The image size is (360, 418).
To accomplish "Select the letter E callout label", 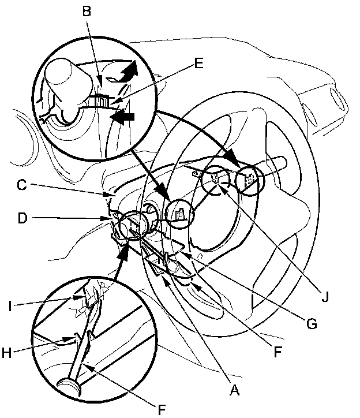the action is coord(198,64).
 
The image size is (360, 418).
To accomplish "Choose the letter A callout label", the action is coord(234,390).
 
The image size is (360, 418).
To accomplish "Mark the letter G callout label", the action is coord(312,324).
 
